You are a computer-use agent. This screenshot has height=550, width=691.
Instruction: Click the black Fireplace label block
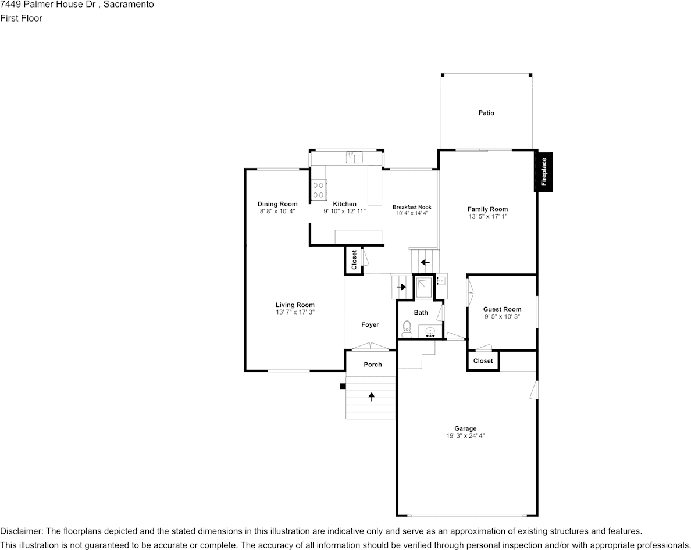(543, 172)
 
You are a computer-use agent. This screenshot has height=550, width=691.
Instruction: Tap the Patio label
(486, 113)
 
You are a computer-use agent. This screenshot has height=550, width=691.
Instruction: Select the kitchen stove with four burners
(319, 190)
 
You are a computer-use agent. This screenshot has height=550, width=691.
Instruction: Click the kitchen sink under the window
(354, 157)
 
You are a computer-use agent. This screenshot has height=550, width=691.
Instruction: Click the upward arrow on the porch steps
(372, 397)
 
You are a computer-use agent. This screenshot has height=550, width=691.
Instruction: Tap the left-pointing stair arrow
(425, 263)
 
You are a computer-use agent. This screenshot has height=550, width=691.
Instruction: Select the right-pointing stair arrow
(401, 287)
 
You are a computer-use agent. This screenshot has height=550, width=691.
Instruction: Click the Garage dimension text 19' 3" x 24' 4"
(465, 436)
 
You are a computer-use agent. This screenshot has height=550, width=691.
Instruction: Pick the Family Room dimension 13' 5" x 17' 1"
(488, 216)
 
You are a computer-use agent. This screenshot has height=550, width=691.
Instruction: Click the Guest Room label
(502, 309)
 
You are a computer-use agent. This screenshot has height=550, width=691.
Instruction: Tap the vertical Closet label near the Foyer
(354, 260)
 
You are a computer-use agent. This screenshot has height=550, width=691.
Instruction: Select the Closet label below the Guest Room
(483, 360)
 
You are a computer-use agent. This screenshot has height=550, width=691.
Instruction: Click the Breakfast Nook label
(412, 207)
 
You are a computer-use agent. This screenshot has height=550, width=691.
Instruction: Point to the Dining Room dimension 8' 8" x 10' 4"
(277, 212)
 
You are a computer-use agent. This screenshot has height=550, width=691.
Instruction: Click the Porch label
(373, 364)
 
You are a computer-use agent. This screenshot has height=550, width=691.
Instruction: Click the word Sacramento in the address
(129, 5)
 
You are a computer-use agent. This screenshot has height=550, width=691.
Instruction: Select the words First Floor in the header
(21, 18)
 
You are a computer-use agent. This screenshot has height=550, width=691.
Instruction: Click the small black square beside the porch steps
(343, 387)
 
